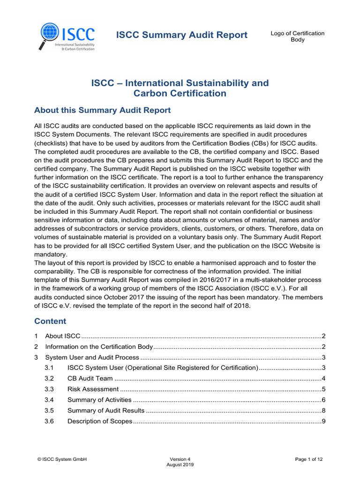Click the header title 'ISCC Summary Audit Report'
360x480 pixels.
(181, 35)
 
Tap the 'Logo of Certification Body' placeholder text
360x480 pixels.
(298, 36)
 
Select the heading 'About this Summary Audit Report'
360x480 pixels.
(103, 110)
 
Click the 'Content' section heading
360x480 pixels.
(51, 321)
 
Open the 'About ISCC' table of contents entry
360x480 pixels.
(63, 336)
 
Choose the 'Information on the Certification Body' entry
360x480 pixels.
(99, 347)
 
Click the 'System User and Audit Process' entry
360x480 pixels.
(92, 358)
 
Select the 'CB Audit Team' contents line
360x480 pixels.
(90, 378)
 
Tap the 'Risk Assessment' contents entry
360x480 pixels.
(93, 389)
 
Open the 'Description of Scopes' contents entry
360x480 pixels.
(100, 421)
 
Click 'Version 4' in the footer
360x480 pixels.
(180, 459)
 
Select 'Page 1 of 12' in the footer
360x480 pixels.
(309, 459)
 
